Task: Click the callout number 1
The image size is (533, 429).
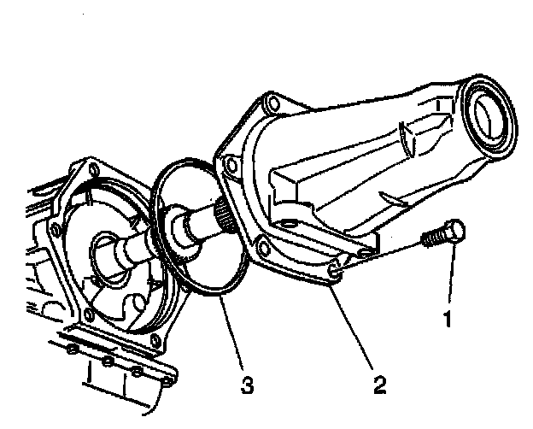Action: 444,320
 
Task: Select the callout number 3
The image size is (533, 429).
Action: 248,385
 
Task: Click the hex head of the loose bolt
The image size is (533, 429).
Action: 454,231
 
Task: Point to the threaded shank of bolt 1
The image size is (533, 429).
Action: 432,238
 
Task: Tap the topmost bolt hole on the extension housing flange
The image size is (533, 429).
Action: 272,106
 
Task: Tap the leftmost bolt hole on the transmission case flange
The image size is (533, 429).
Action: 56,230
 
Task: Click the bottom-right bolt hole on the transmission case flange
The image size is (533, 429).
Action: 155,344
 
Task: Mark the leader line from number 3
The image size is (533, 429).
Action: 232,337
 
